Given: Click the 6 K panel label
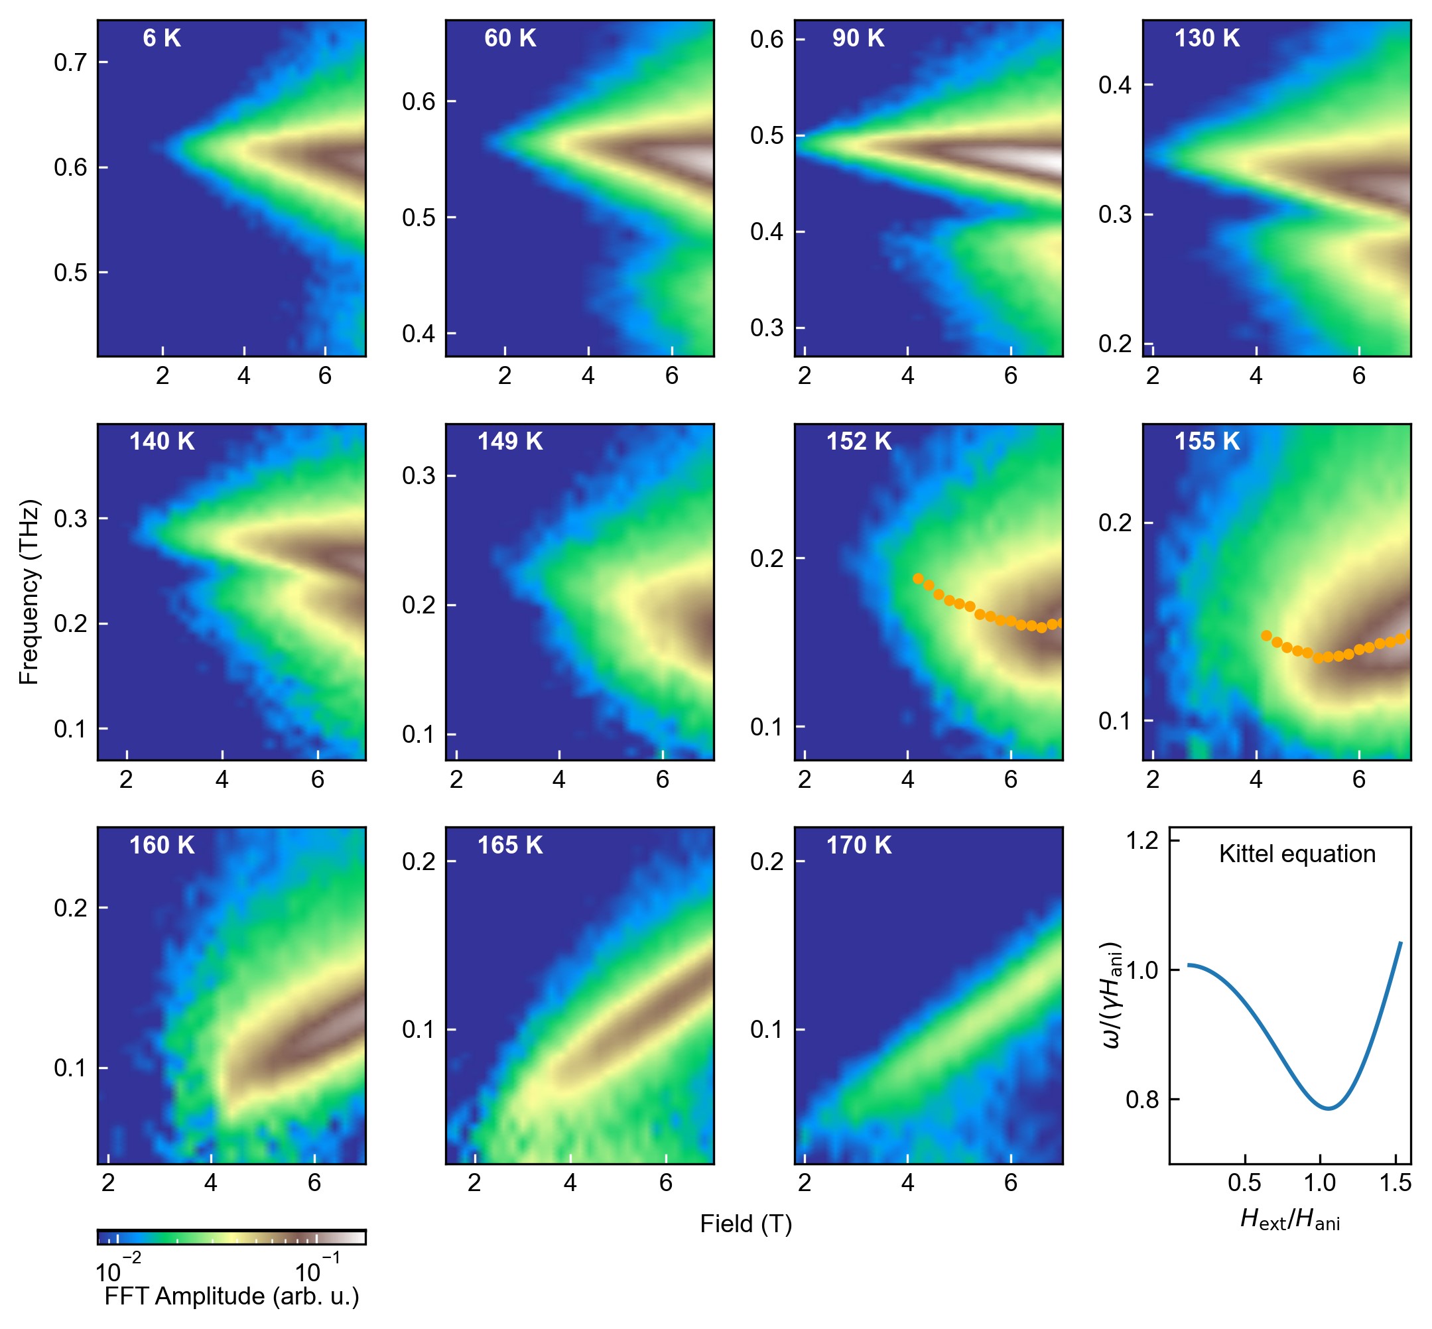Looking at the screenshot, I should [162, 38].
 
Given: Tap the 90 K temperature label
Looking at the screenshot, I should [858, 38].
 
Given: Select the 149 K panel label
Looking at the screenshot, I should [510, 441].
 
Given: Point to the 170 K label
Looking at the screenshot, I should [858, 845].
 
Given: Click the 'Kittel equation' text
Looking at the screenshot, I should [1297, 854].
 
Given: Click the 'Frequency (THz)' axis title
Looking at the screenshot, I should [29, 592].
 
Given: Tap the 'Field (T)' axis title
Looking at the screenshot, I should [746, 1224].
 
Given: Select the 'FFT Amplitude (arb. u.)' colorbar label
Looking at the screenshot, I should [231, 1296].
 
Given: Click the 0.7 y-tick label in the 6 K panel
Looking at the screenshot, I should [70, 62].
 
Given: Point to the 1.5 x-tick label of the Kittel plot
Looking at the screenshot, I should [1396, 1183].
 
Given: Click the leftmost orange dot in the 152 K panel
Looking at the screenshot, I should [919, 578].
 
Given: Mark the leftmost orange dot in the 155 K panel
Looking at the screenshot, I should [1266, 635].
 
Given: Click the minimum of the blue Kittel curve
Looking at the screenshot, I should [1328, 1108].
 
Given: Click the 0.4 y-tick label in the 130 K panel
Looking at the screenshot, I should [1115, 85].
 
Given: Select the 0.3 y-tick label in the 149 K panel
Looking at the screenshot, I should [419, 475].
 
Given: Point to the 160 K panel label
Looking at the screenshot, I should [162, 845].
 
